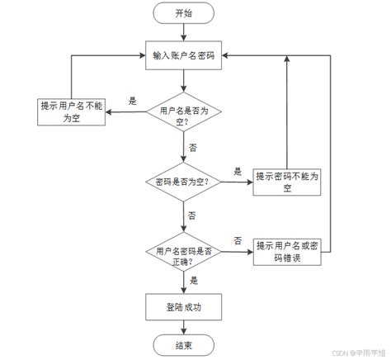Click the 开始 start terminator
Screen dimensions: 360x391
point(183,13)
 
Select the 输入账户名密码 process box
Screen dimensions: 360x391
point(183,56)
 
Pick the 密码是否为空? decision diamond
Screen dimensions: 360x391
point(183,181)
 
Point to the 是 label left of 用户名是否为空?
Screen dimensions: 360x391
point(133,101)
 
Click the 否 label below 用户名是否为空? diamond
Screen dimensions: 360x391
point(193,146)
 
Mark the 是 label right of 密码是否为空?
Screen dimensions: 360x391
point(238,172)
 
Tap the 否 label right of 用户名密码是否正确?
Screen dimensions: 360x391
point(238,240)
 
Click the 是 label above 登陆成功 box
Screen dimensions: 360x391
point(194,280)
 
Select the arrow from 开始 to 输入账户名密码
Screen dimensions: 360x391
point(183,33)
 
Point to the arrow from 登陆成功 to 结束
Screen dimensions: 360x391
point(183,326)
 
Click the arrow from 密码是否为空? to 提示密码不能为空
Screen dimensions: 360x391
point(237,182)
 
